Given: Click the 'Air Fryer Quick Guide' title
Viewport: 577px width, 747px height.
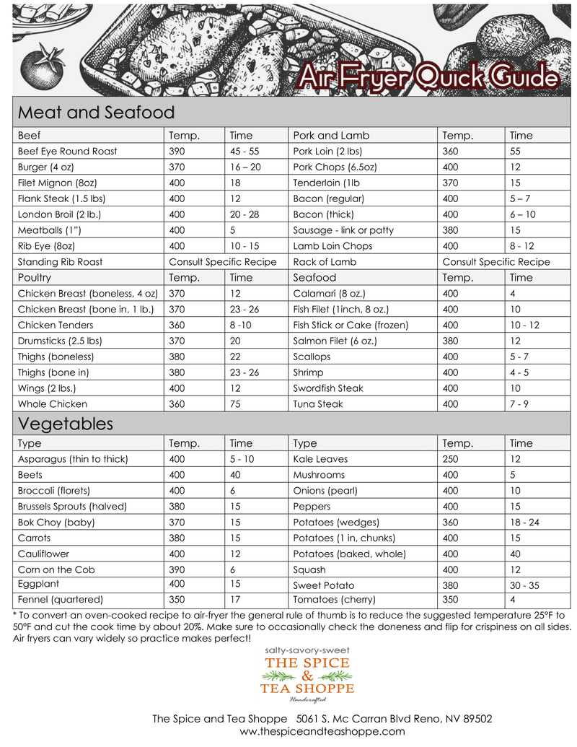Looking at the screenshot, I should point(428,79).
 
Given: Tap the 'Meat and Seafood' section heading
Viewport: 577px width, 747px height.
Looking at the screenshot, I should point(96,113).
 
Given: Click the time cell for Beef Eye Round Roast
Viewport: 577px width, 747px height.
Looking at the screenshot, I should point(244,152).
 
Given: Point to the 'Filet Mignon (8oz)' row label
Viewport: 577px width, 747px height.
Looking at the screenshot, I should point(56,183).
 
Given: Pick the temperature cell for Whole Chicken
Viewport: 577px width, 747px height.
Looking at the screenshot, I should point(177,404).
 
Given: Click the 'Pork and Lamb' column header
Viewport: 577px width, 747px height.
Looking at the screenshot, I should point(331,136).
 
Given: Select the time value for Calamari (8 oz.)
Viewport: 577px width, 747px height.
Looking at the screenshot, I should point(512,294).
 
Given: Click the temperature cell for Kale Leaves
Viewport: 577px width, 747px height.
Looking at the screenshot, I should point(450,459).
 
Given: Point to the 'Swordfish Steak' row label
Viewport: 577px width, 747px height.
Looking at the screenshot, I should point(328,388).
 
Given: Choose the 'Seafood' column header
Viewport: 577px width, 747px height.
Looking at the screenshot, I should point(314,278).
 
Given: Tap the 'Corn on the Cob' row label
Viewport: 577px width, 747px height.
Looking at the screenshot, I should point(56,569).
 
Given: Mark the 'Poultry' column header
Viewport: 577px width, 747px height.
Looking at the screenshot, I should point(35,278).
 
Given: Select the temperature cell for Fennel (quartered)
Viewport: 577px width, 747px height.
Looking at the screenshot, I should point(177,599).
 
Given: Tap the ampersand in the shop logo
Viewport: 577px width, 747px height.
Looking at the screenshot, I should point(307,676).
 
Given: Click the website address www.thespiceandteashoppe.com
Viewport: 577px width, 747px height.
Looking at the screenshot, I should point(322,731).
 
